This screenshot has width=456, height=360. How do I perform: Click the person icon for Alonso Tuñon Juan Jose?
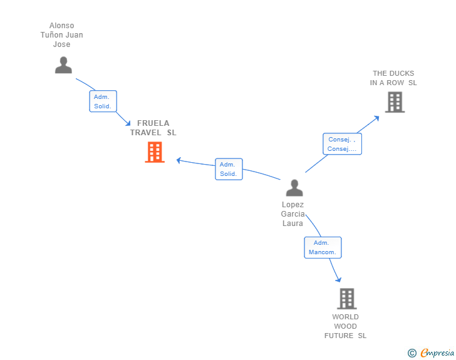pos(63,65)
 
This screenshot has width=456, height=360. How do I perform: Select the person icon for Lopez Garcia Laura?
pos(294,188)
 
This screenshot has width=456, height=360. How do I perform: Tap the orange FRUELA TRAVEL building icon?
pos(155,152)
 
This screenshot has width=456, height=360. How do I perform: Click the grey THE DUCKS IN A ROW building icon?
pos(395,102)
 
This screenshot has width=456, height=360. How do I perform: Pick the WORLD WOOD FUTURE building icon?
pos(346,299)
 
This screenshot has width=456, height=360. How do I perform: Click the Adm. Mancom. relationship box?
pos(323,247)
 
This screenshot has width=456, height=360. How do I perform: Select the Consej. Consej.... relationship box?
pos(342,144)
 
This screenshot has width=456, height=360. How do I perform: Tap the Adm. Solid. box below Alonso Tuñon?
pos(103,101)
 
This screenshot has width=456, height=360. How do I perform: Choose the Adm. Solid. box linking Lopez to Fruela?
pos(229,169)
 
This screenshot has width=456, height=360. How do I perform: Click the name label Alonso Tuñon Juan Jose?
pos(62,35)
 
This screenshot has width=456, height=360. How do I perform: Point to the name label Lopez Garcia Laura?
pos(293,214)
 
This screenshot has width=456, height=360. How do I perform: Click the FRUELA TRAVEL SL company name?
pos(153,128)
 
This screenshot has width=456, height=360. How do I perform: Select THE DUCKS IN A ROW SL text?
pos(393,78)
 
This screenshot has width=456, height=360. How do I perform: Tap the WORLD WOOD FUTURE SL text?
pos(345,326)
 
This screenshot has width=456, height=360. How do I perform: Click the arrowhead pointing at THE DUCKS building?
pos(376,117)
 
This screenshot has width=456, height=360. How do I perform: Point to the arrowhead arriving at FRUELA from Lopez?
pos(179,160)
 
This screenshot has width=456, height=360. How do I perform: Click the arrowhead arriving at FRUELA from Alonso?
pos(128,123)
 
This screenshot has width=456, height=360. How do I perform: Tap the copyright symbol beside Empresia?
pos(412,353)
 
